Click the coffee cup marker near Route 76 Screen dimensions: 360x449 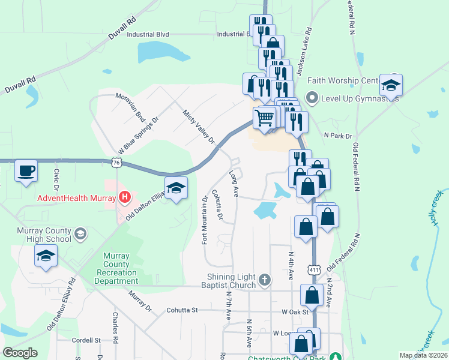pos(25,170)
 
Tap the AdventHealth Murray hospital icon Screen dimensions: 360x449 pos(125,196)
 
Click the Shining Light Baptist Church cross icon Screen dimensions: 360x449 pos(264,279)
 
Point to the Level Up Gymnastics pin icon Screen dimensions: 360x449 pos(312,97)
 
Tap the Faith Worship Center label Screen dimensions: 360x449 pos(343,80)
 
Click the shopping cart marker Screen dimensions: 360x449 pos(264,118)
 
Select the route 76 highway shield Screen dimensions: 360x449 pos(116,162)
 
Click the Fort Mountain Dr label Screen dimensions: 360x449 pos(205,220)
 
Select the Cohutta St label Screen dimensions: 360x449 pos(182,310)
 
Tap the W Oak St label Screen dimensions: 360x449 pos(295,311)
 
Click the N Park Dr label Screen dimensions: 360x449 pos(337,136)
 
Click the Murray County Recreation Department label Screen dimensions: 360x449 pos(116,268)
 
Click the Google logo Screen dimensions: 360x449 pos(20,353)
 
